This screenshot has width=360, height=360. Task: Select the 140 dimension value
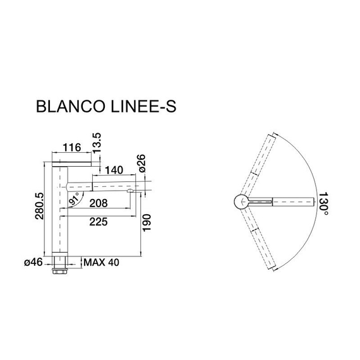[113, 171]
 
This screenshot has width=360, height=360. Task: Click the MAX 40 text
[99, 261]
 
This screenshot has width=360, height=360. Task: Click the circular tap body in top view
[242, 201]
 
